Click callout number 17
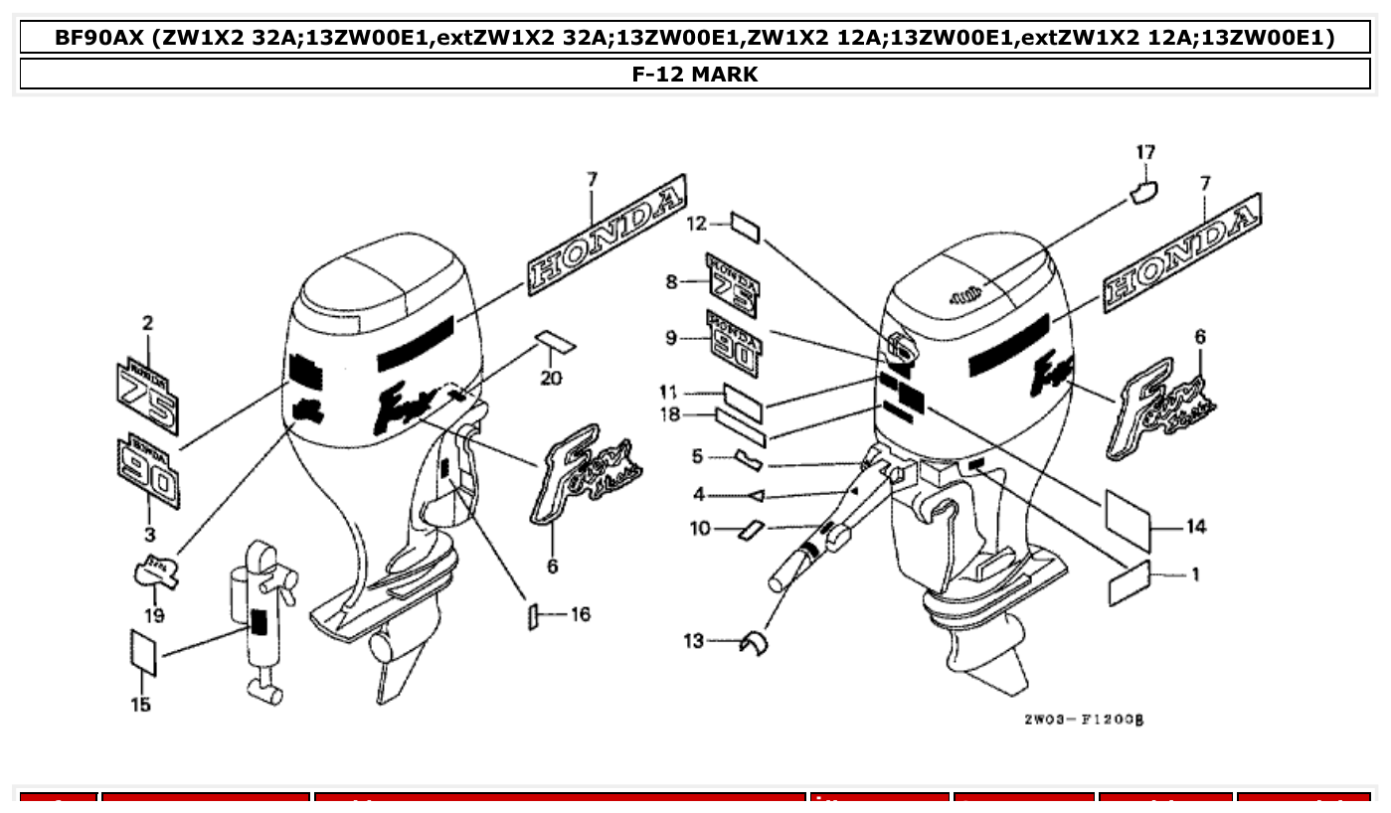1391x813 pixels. pos(1145,152)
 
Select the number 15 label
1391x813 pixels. pos(141,705)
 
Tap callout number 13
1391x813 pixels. pos(694,641)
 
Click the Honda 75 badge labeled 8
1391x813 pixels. pos(733,284)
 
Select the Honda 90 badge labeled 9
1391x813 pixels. pos(733,343)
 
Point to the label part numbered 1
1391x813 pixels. pos(1129,581)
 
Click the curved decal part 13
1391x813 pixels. pos(756,643)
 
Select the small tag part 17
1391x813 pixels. pos(1144,191)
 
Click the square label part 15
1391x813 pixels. pos(144,652)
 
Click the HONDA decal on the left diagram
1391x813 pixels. pos(608,234)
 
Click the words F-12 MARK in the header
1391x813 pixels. pos(695,74)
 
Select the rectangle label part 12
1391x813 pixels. pos(746,227)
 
